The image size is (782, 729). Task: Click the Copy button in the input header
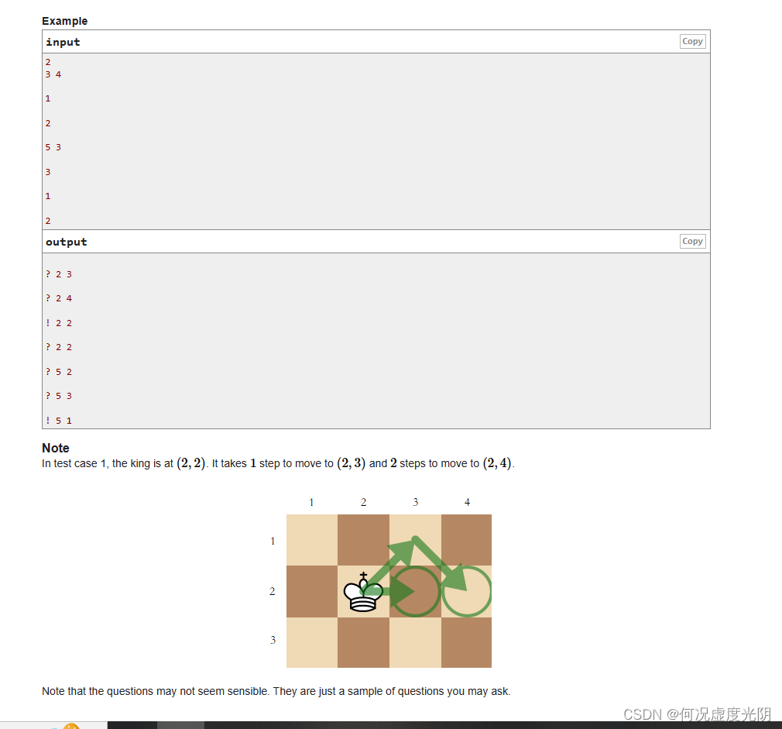[692, 42]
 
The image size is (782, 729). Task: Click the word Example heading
[64, 21]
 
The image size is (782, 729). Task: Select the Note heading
[56, 448]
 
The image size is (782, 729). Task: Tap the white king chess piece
[363, 593]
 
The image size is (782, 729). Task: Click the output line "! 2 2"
[59, 323]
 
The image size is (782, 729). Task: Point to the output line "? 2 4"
[59, 298]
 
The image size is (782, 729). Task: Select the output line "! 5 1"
[59, 421]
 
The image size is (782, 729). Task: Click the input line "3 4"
[53, 74]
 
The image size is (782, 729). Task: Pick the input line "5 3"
[53, 147]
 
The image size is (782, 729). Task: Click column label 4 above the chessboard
[467, 503]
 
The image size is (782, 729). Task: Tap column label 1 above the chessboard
[311, 503]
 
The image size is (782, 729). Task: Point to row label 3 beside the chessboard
[273, 640]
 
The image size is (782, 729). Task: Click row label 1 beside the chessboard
[273, 542]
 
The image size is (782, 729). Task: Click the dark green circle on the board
[416, 592]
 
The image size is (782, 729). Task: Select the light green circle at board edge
[467, 592]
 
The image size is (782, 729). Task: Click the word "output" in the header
[66, 242]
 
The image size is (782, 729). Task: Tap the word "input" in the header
[63, 42]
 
